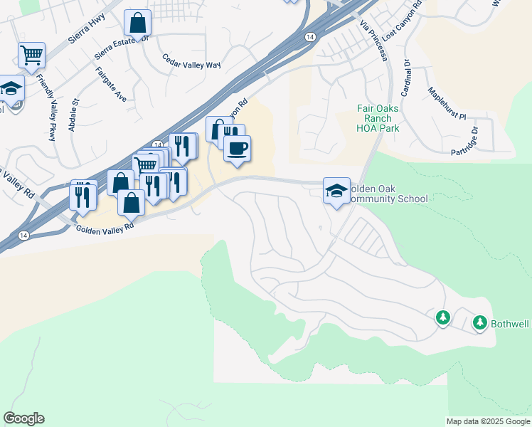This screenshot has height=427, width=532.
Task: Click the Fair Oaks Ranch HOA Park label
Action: [x=378, y=118]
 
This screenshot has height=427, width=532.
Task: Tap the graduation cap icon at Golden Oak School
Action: [x=336, y=190]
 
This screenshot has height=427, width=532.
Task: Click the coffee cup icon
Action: [x=237, y=148]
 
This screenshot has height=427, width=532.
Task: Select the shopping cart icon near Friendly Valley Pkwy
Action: [x=31, y=56]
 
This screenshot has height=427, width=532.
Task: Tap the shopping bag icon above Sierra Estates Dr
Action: [x=137, y=23]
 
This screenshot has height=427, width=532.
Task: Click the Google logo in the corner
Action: [x=23, y=418]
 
